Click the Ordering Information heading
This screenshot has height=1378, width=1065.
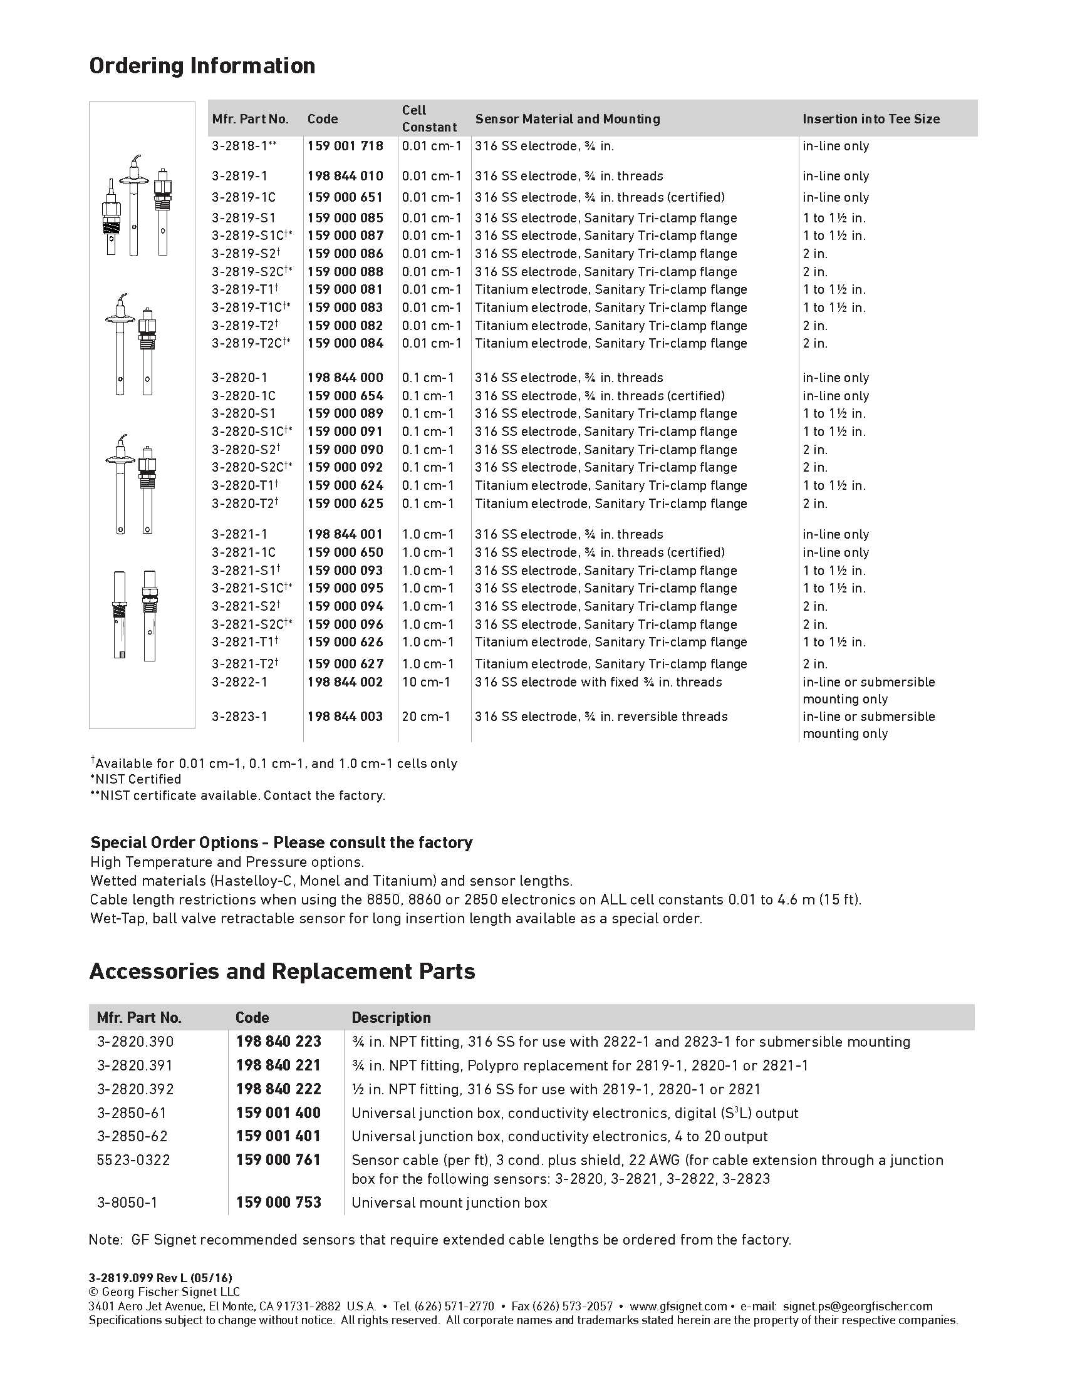pyautogui.click(x=202, y=66)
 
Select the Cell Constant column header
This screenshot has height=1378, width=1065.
pyautogui.click(x=429, y=118)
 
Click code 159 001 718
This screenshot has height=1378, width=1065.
pyautogui.click(x=345, y=146)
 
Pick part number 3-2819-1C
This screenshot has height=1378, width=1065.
pyautogui.click(x=244, y=197)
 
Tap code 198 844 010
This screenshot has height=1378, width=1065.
pyautogui.click(x=345, y=176)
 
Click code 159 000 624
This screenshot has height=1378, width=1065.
pyautogui.click(x=345, y=486)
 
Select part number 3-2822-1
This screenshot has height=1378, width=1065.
pyautogui.click(x=240, y=682)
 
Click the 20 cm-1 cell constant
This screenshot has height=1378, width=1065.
pyautogui.click(x=426, y=717)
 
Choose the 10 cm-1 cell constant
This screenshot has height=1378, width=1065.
pyautogui.click(x=426, y=682)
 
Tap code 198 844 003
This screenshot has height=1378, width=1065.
pyautogui.click(x=345, y=717)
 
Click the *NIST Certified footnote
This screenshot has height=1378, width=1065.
pyautogui.click(x=136, y=779)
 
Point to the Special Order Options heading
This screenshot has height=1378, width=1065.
pyautogui.click(x=281, y=842)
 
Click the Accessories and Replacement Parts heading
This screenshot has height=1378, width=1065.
pyautogui.click(x=282, y=971)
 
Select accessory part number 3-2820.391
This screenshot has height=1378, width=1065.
pyautogui.click(x=135, y=1065)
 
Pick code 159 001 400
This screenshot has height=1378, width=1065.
pyautogui.click(x=278, y=1112)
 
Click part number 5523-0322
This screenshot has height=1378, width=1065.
pyautogui.click(x=133, y=1159)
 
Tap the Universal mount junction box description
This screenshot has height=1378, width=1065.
pyautogui.click(x=449, y=1203)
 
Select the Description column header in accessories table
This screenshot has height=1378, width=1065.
pyautogui.click(x=391, y=1017)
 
